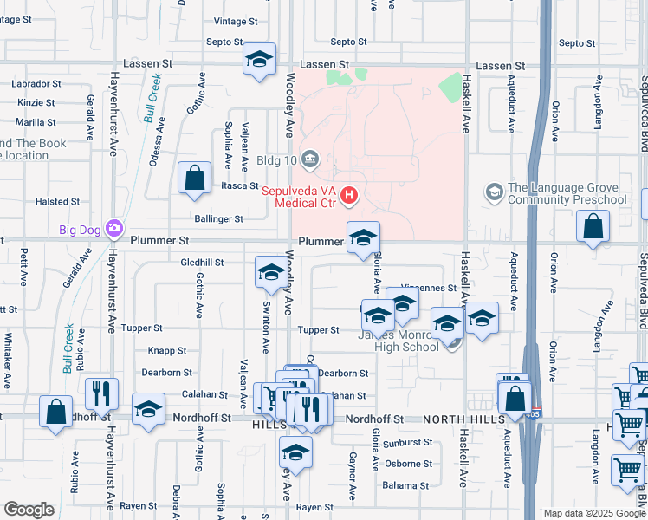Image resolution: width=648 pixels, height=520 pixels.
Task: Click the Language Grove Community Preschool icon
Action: coord(495,192)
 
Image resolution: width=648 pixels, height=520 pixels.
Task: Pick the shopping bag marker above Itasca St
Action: coord(195,178)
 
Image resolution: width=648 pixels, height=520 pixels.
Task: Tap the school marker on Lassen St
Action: coord(259,60)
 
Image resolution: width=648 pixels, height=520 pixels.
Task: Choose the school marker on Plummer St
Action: coord(364,237)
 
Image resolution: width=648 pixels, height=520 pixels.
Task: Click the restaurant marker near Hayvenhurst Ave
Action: coord(102,395)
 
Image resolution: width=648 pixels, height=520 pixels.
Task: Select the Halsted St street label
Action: coord(57,202)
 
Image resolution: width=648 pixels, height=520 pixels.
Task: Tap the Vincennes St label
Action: coord(430,288)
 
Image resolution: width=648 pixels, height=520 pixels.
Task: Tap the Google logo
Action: coord(29,510)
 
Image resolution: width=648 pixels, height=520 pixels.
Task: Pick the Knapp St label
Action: coord(167,351)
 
